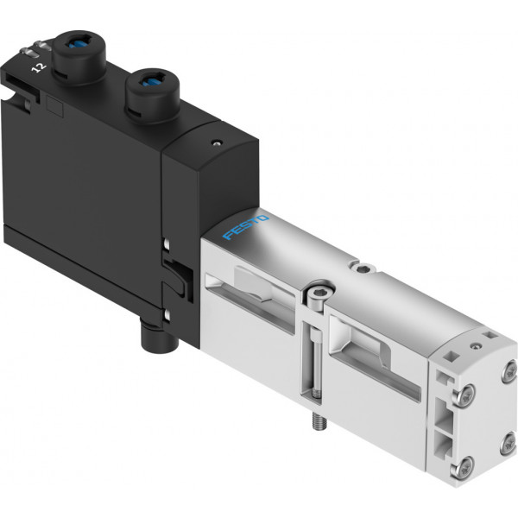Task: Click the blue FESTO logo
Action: (246, 226)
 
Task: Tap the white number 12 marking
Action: (39, 67)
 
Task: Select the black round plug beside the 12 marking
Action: (79, 57)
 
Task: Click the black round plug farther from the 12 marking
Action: (153, 95)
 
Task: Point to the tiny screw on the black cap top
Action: (217, 143)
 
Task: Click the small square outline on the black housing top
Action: (55, 106)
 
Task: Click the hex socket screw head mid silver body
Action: (318, 293)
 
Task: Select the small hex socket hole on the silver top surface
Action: (363, 268)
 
